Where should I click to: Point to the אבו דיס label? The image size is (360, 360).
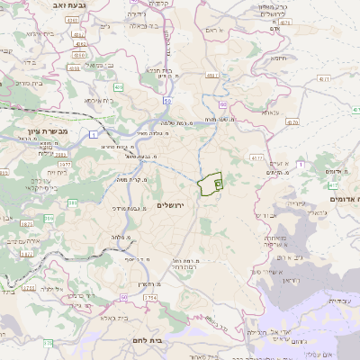pyautogui.click(x=267, y=216)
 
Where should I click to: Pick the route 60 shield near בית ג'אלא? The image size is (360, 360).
pyautogui.click(x=124, y=295)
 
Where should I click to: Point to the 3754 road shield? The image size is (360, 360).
pyautogui.click(x=150, y=297)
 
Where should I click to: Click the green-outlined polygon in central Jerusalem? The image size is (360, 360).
pyautogui.click(x=211, y=184)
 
